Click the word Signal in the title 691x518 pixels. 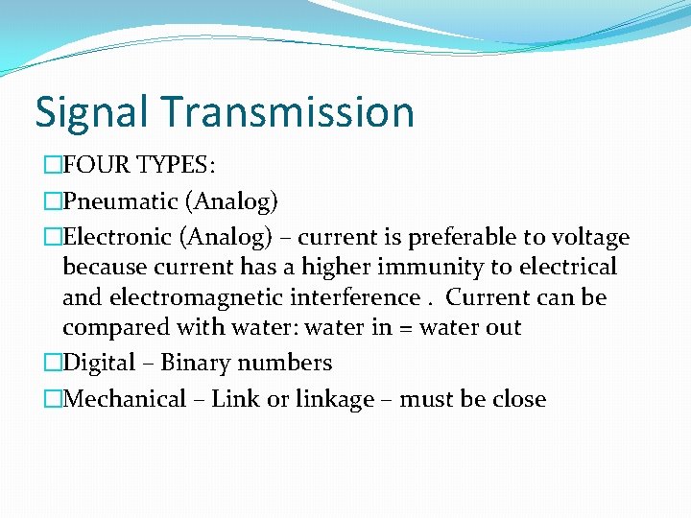[91, 112]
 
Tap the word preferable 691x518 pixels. [461, 237]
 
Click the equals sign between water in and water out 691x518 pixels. [407, 328]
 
